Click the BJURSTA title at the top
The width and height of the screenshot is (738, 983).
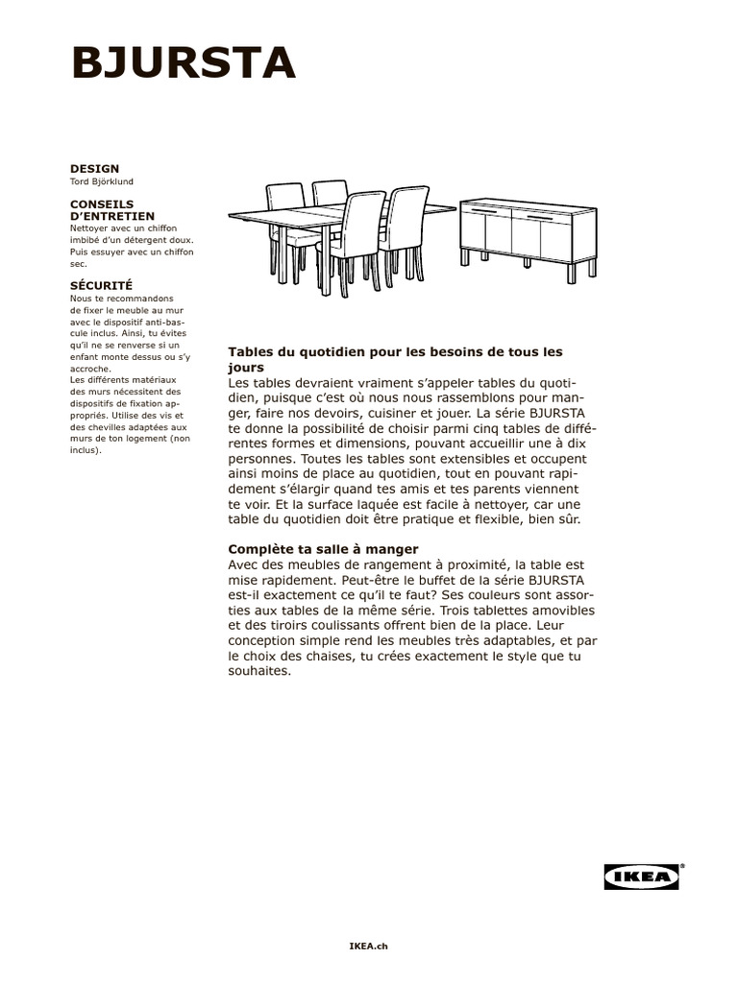[183, 64]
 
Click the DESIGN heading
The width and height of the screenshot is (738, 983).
[94, 169]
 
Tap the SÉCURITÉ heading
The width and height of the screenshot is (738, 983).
[101, 285]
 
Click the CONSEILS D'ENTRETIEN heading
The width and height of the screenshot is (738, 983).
[113, 210]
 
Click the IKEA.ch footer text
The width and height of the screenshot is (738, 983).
[368, 946]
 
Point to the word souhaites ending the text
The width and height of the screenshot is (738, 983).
[259, 672]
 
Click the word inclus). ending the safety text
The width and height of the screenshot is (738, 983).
[86, 449]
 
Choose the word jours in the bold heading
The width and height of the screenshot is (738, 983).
[246, 367]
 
